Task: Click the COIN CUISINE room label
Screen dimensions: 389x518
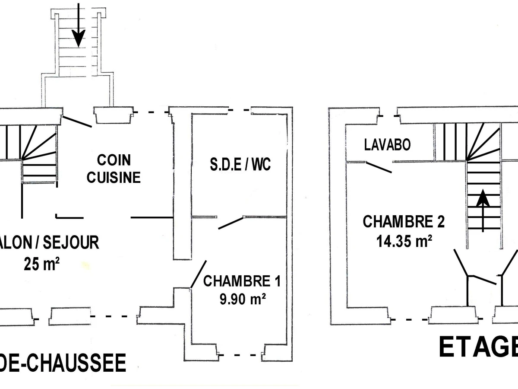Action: [114, 169]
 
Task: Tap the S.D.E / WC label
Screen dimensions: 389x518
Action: [237, 165]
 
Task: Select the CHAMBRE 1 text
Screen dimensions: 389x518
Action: [242, 282]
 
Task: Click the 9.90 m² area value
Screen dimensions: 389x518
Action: [242, 299]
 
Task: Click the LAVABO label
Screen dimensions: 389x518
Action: [387, 144]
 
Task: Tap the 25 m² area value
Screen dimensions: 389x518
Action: [41, 263]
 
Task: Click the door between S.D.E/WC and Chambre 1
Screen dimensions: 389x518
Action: [231, 223]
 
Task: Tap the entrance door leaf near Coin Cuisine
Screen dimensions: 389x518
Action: [76, 121]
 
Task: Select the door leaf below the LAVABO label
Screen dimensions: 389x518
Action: [379, 167]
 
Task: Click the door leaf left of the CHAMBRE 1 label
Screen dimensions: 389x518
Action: [198, 274]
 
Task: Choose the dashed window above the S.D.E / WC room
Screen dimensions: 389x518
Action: [240, 110]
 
